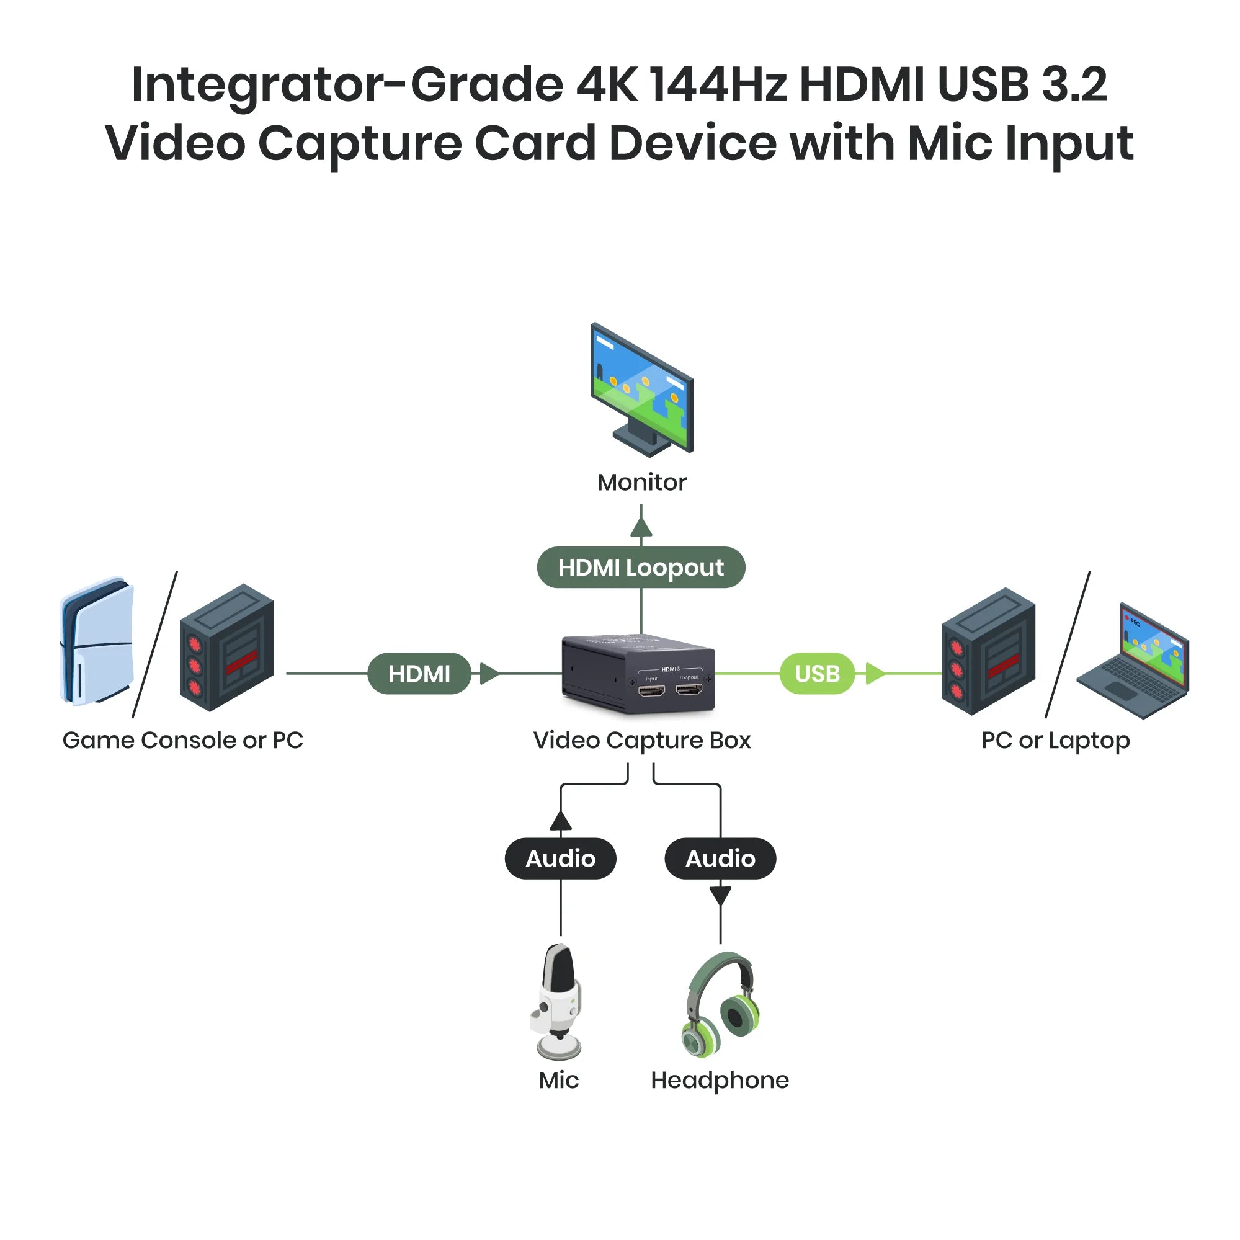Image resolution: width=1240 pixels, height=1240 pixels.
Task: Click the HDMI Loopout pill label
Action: pyautogui.click(x=641, y=568)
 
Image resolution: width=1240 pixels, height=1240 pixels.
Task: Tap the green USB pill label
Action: pyautogui.click(x=817, y=673)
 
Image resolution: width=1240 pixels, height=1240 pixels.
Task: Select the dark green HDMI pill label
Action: pyautogui.click(x=419, y=673)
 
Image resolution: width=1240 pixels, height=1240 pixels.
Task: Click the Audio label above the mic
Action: pyautogui.click(x=560, y=858)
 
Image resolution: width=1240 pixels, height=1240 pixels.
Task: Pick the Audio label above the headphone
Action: pyautogui.click(x=720, y=858)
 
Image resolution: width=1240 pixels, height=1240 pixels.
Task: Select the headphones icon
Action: pyautogui.click(x=721, y=1005)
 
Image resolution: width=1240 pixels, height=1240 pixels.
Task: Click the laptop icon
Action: pyautogui.click(x=1133, y=661)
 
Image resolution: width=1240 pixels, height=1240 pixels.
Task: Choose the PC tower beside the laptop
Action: pyautogui.click(x=988, y=651)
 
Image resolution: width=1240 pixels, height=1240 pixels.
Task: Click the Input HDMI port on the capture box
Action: pyautogui.click(x=651, y=690)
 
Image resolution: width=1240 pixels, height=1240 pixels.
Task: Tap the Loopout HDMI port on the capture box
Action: pyautogui.click(x=689, y=690)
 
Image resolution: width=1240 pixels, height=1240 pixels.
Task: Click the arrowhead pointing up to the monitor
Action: pyautogui.click(x=641, y=528)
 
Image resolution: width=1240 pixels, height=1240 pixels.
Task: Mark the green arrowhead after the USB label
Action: pyautogui.click(x=874, y=673)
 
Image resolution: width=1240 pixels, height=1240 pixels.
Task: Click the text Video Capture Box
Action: pyautogui.click(x=642, y=740)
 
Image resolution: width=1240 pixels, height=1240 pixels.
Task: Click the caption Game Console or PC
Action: pyautogui.click(x=183, y=740)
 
